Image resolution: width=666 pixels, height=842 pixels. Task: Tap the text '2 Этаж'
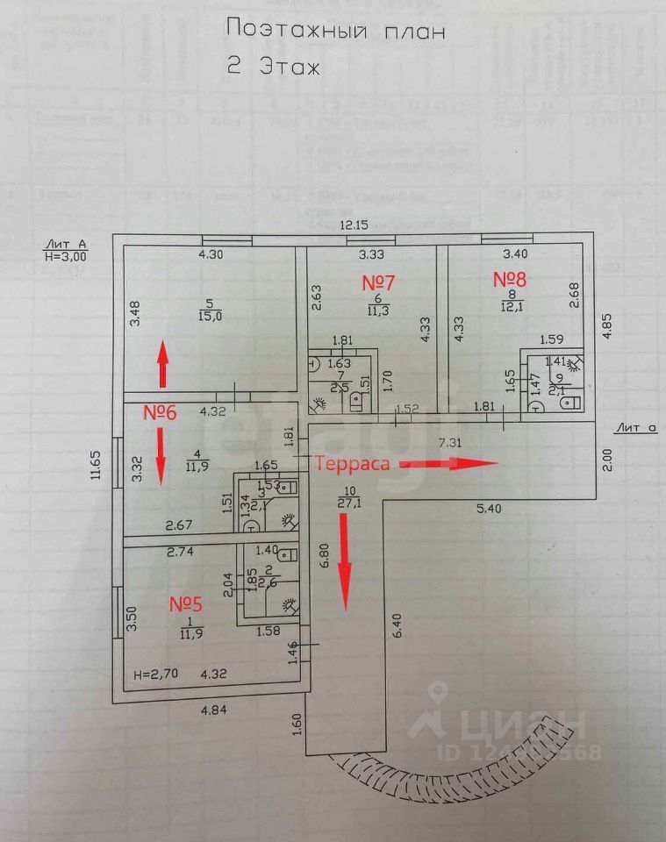pos(275,67)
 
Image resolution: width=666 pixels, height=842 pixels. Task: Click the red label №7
pos(380,282)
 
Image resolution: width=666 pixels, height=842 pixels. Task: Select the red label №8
pos(509,279)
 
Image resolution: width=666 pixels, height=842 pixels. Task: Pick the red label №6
pos(162,412)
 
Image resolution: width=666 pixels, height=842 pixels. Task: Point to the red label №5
pos(186,603)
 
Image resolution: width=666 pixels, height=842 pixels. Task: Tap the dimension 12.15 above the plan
pos(358,226)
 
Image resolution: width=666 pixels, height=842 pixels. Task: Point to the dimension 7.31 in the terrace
pos(449,443)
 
